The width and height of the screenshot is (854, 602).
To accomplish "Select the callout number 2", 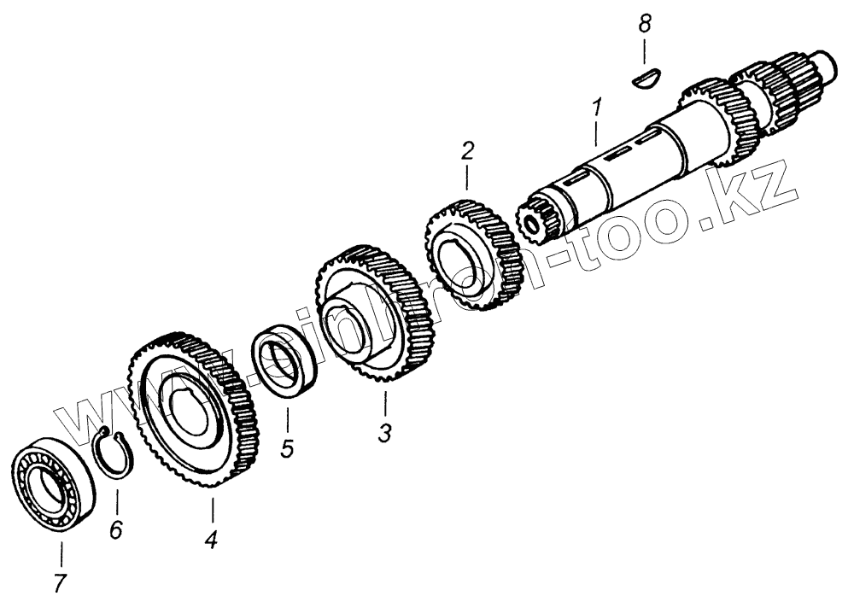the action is coord(466,154).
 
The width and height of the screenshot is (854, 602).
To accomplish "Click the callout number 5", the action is coord(287,447).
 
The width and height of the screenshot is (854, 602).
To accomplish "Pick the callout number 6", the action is coord(116,529).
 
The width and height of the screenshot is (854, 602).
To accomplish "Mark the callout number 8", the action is coord(646,25).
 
